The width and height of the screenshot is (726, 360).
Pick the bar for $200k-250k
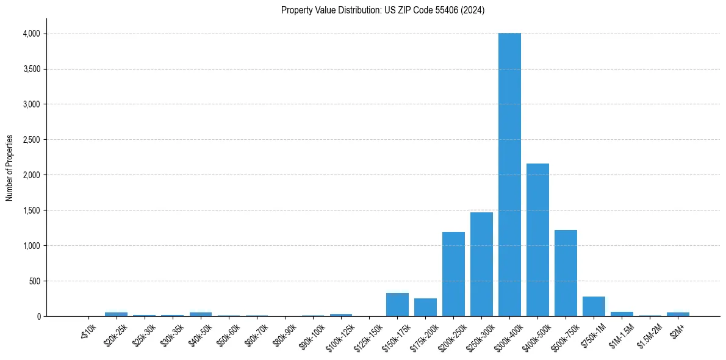453,274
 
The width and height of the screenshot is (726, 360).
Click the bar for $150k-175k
397,304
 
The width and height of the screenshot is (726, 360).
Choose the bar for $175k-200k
425,307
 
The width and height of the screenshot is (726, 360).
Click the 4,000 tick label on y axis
31,34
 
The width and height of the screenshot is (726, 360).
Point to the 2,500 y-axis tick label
31,140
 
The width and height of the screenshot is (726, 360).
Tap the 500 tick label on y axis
34,281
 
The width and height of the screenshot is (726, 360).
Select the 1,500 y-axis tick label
31,211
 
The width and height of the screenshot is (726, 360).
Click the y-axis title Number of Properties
9,167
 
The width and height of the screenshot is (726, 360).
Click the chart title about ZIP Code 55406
383,10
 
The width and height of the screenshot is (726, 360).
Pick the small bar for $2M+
678,314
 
